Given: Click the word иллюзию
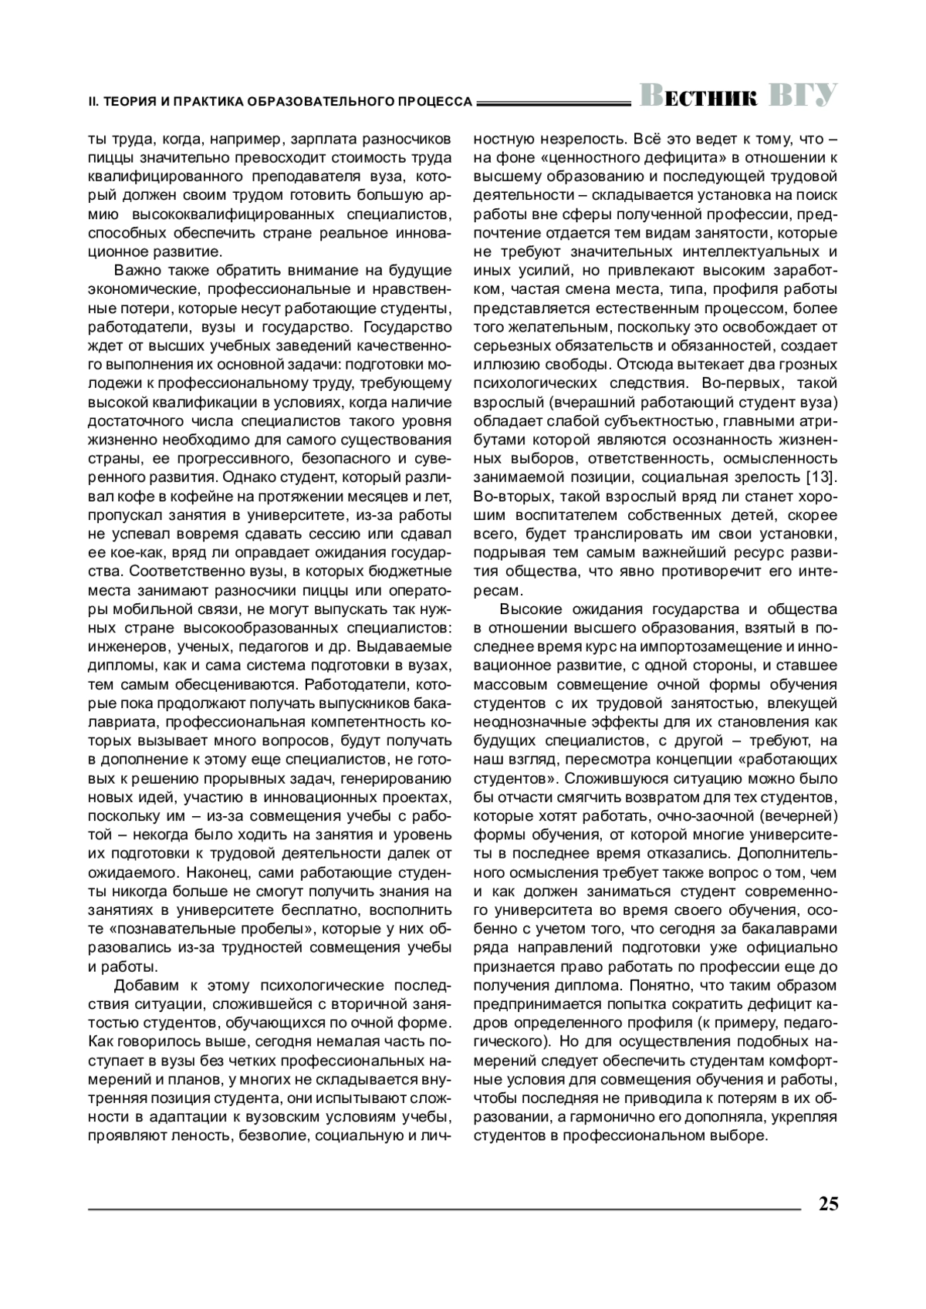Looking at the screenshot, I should click(502, 363).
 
